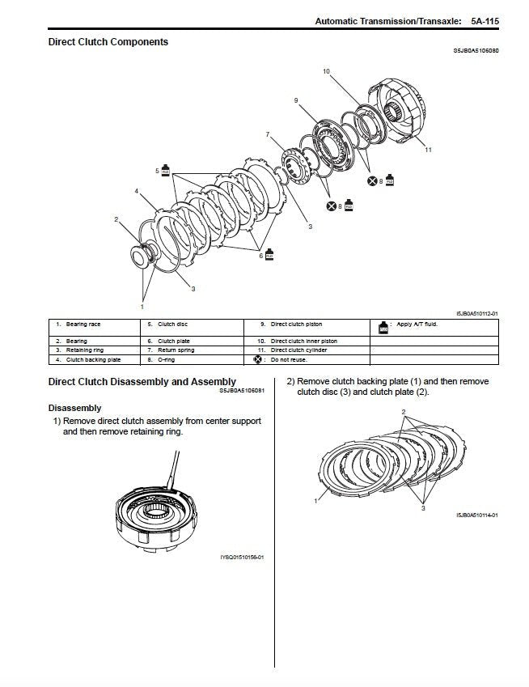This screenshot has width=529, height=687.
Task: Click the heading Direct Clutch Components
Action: coord(108,42)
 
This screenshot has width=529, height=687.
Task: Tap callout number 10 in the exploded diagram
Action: coord(326,71)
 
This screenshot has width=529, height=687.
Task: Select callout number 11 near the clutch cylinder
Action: coord(428,149)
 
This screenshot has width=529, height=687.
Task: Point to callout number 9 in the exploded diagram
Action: coord(296,100)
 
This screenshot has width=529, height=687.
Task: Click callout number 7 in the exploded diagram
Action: coord(267,134)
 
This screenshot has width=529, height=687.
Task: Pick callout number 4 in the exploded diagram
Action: coord(138,191)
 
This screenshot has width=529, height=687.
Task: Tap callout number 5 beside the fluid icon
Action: coord(158,171)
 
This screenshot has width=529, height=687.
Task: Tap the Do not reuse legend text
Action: coord(286,358)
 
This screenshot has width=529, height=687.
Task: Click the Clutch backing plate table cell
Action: coord(93,358)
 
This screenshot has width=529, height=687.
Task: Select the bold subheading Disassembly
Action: coord(74,408)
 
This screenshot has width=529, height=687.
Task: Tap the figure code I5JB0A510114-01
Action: coord(476,514)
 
